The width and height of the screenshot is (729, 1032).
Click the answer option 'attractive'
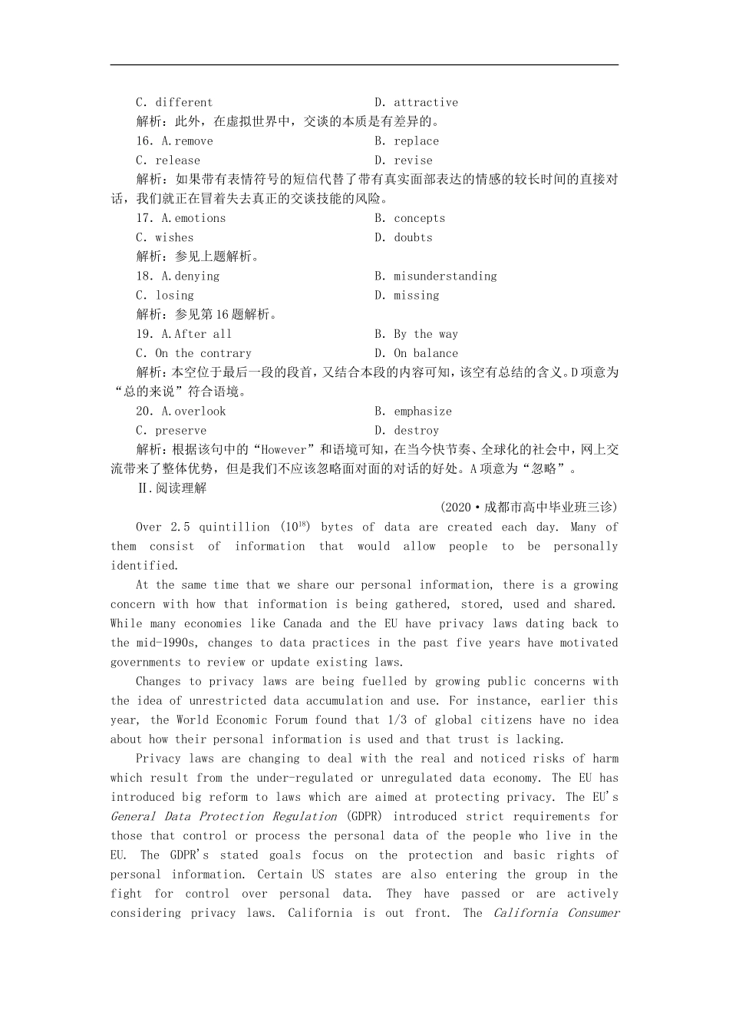425,102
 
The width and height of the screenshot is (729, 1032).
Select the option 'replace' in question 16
416,141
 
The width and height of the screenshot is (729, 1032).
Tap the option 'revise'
413,160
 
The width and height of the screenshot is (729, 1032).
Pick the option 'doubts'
413,237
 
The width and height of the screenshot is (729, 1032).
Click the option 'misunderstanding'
445,276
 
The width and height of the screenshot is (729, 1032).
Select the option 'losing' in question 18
174,296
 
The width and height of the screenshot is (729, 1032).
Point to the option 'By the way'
426,334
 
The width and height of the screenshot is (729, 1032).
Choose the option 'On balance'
426,353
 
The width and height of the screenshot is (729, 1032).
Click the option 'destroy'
416,431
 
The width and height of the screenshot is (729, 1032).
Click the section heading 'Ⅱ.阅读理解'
171,488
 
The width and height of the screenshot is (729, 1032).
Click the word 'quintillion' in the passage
234,528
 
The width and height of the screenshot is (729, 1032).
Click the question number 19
144,334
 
